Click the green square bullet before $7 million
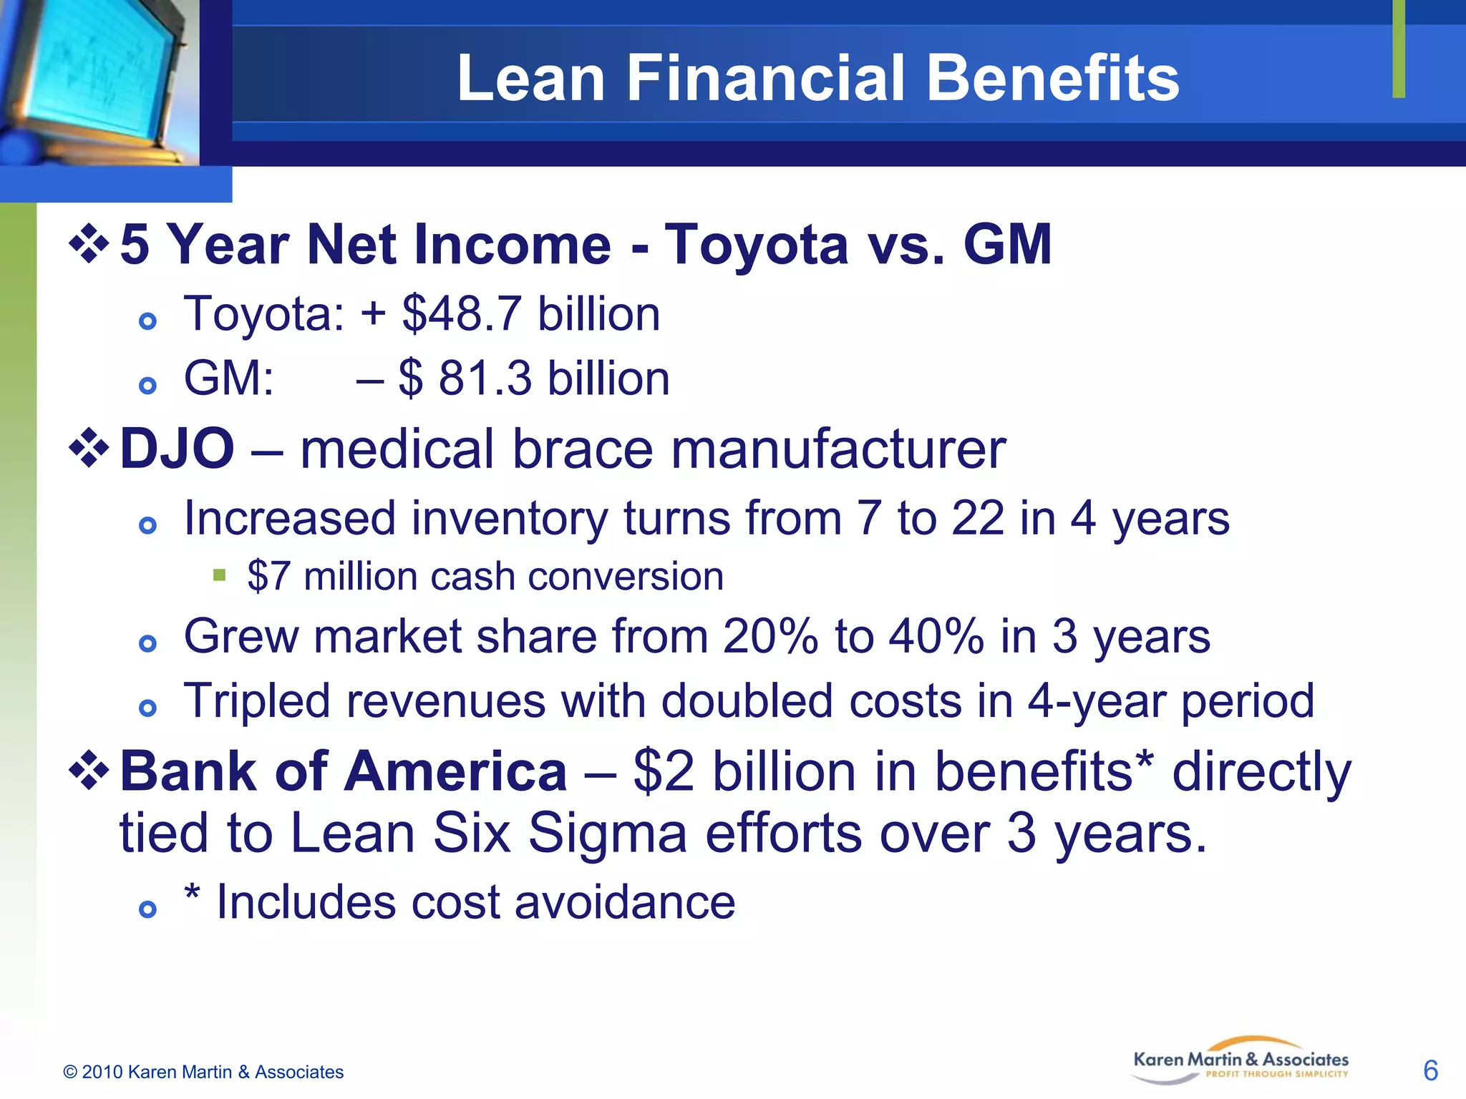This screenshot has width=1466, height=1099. [220, 575]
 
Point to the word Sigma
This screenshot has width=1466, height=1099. [608, 834]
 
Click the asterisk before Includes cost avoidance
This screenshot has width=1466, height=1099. [191, 894]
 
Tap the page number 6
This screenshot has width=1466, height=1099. [1430, 1070]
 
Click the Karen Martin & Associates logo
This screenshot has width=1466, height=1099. [1240, 1061]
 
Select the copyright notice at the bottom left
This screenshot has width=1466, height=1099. [203, 1072]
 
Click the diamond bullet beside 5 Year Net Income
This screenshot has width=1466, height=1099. [89, 244]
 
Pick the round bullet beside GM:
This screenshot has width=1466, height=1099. [147, 386]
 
